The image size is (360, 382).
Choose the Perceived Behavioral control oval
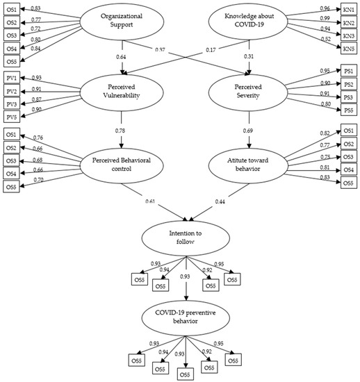(121, 162)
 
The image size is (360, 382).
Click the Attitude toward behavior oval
(249, 162)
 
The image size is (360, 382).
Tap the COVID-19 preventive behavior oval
(185, 317)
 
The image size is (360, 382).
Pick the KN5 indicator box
(349, 49)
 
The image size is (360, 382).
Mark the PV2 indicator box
(10, 90)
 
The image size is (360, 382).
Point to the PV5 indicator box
(10, 117)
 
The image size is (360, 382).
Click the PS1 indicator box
(349, 71)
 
